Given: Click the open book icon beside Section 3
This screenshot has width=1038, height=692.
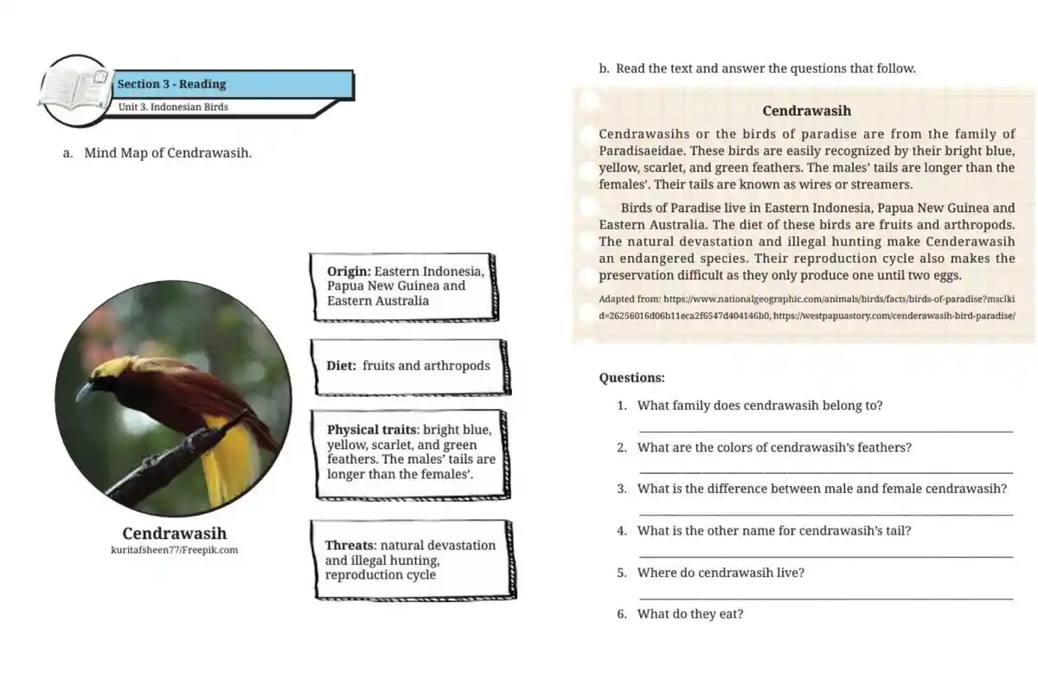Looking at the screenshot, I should click(x=76, y=89).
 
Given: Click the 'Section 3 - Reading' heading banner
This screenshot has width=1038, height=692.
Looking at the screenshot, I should click(x=171, y=84).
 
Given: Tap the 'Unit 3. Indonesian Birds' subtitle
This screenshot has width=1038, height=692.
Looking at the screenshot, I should click(x=173, y=107).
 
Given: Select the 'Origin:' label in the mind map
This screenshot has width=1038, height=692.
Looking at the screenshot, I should click(x=349, y=271).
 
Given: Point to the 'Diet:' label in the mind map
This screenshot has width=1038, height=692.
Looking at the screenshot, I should click(x=342, y=366).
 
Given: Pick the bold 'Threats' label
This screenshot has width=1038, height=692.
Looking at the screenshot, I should click(x=349, y=545).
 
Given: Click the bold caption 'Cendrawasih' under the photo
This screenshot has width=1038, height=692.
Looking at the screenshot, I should click(x=174, y=533).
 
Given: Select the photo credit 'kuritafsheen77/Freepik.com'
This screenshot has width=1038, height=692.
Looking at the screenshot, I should click(x=174, y=549).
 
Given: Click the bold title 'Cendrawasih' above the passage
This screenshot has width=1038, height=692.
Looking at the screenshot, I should click(x=806, y=111).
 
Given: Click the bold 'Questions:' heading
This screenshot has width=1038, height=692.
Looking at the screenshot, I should click(x=631, y=378).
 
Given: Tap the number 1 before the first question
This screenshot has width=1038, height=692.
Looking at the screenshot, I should click(x=621, y=406).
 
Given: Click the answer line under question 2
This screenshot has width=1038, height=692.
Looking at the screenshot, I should click(x=825, y=472).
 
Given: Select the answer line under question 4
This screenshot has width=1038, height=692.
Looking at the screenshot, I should click(x=825, y=556).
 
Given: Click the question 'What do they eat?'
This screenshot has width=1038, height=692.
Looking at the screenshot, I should click(x=689, y=614).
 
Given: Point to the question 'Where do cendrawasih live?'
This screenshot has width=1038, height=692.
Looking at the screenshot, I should click(x=721, y=573).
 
